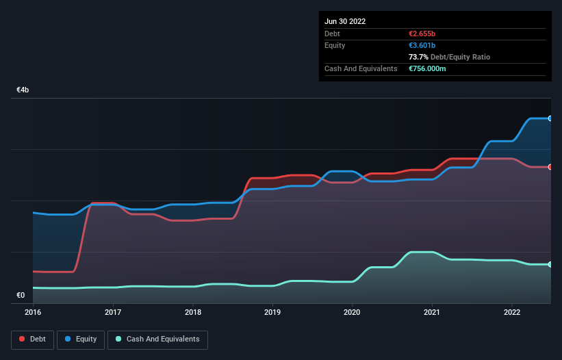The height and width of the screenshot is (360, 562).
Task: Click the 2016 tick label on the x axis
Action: [x=33, y=312]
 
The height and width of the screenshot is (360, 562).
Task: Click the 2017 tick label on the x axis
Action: [x=113, y=312]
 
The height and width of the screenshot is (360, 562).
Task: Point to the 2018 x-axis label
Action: [x=193, y=312]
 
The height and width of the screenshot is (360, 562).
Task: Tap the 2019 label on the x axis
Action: [x=272, y=312]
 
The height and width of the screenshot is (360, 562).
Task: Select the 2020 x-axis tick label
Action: [x=353, y=312]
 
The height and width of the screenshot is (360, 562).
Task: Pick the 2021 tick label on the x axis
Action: [x=432, y=312]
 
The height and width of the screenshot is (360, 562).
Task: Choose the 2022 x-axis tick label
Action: [x=512, y=312]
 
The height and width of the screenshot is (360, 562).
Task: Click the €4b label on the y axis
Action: [x=23, y=90]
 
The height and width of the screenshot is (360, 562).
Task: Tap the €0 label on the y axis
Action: [x=21, y=296]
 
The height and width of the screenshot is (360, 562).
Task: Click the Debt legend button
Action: [x=32, y=339]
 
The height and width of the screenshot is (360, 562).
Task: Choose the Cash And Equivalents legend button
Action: [x=157, y=339]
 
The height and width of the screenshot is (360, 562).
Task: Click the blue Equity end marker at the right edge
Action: [x=550, y=118]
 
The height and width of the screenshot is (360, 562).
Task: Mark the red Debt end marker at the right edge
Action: [x=550, y=167]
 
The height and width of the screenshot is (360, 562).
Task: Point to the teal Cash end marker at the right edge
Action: [x=550, y=264]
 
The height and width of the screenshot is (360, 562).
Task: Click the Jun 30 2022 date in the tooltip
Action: [x=345, y=21]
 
